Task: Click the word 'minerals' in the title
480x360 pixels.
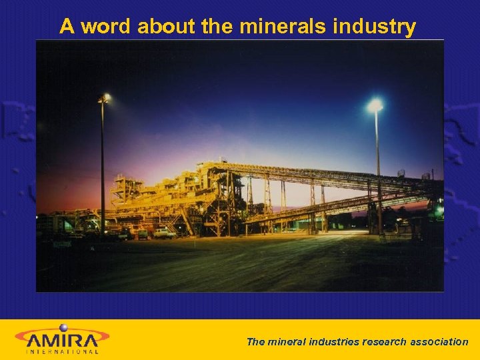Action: [283, 27]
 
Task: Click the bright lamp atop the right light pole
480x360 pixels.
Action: [375, 105]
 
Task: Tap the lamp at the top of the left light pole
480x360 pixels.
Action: [104, 99]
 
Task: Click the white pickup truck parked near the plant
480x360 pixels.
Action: [163, 233]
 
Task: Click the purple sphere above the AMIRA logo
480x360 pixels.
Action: [64, 327]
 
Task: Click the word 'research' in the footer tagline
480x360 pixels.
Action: [384, 342]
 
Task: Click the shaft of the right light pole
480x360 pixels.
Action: [378, 173]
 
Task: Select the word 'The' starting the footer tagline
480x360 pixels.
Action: [255, 342]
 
